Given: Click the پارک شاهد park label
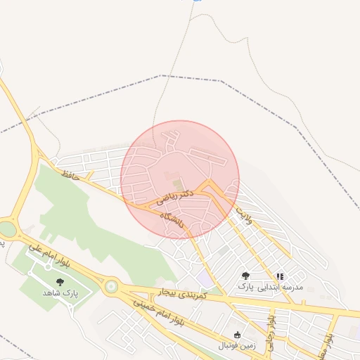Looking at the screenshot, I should (x=59, y=292).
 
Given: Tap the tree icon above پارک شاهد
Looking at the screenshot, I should (x=59, y=282).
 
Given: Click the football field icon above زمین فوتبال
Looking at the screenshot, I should (x=236, y=335).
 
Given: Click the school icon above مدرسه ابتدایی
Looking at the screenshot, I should (x=279, y=277).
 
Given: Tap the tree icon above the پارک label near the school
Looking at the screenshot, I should (x=245, y=276).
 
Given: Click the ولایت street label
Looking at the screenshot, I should (x=248, y=215).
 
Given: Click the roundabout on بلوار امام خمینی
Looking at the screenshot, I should (x=110, y=286).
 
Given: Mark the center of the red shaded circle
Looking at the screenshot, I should (x=180, y=179).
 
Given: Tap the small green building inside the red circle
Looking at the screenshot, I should (x=167, y=175).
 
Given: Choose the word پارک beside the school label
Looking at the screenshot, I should (x=245, y=288).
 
